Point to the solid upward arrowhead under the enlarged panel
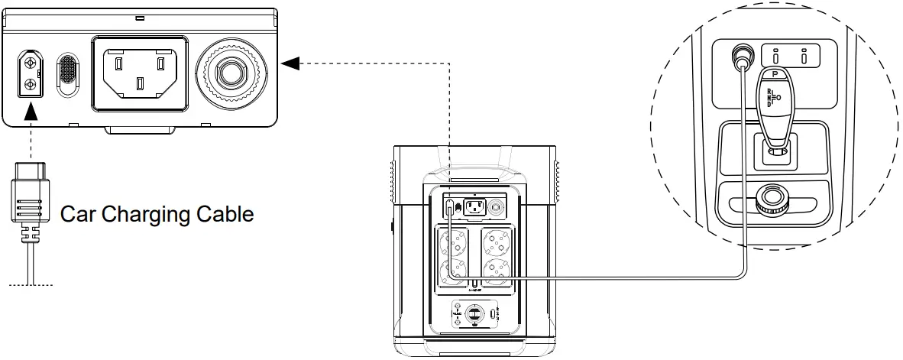(x=30, y=112)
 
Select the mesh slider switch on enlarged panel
(x=68, y=74)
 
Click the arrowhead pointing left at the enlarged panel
(x=290, y=63)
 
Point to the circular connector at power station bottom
(x=473, y=315)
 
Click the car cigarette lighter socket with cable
(x=740, y=55)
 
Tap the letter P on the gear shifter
(x=775, y=75)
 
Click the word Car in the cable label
(x=77, y=213)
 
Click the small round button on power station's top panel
(x=498, y=206)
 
